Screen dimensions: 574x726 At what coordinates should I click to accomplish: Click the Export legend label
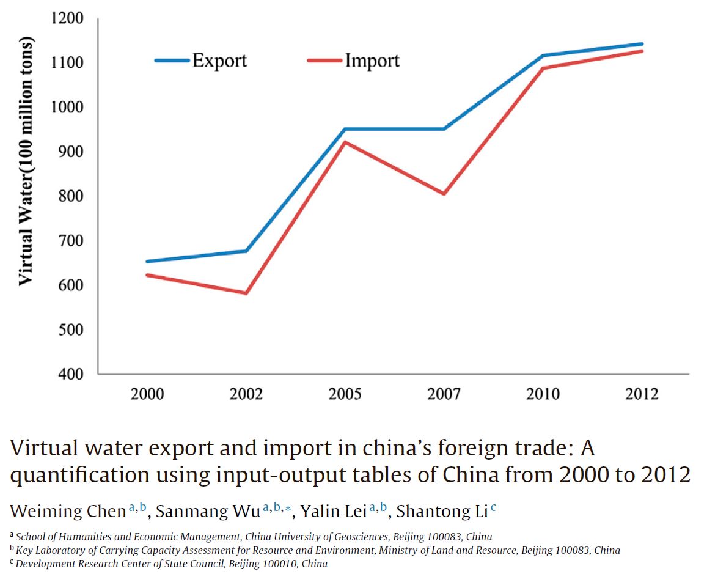[x=219, y=61]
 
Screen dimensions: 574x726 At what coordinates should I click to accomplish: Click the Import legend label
[x=372, y=61]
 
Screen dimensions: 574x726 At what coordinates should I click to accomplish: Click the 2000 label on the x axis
[x=147, y=394]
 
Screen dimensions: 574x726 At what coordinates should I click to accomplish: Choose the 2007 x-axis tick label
[x=444, y=394]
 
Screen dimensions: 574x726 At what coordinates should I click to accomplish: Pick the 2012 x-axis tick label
[x=642, y=394]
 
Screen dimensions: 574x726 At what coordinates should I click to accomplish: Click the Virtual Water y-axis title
[x=25, y=162]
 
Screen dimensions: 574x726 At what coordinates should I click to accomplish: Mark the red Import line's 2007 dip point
[x=444, y=194]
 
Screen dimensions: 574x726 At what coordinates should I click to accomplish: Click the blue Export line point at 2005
[x=345, y=129]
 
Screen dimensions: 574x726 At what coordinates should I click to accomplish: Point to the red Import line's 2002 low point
[x=246, y=293]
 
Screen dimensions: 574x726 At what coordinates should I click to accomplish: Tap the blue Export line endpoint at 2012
[x=642, y=44]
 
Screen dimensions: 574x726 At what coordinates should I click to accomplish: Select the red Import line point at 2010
[x=543, y=68]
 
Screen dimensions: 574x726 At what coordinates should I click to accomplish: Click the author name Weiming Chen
[x=68, y=511]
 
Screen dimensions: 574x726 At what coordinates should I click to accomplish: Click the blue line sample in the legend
[x=172, y=61]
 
